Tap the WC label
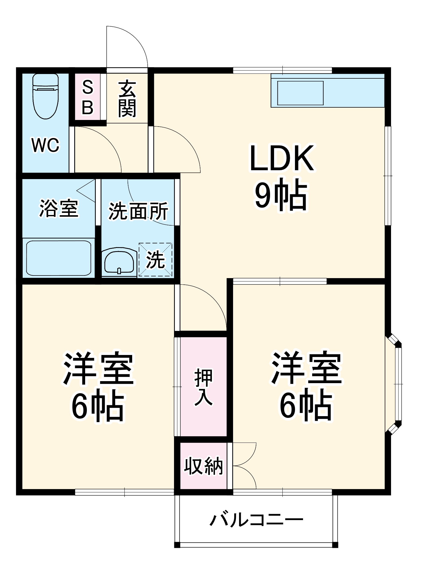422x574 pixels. pos(46,145)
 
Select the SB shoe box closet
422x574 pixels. pos(87,97)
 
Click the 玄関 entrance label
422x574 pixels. pos(127,99)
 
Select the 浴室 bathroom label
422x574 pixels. pos(59,209)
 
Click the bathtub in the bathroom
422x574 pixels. pos(59,258)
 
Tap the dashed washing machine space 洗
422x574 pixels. pos(156,260)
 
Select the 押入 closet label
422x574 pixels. pos(203,387)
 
